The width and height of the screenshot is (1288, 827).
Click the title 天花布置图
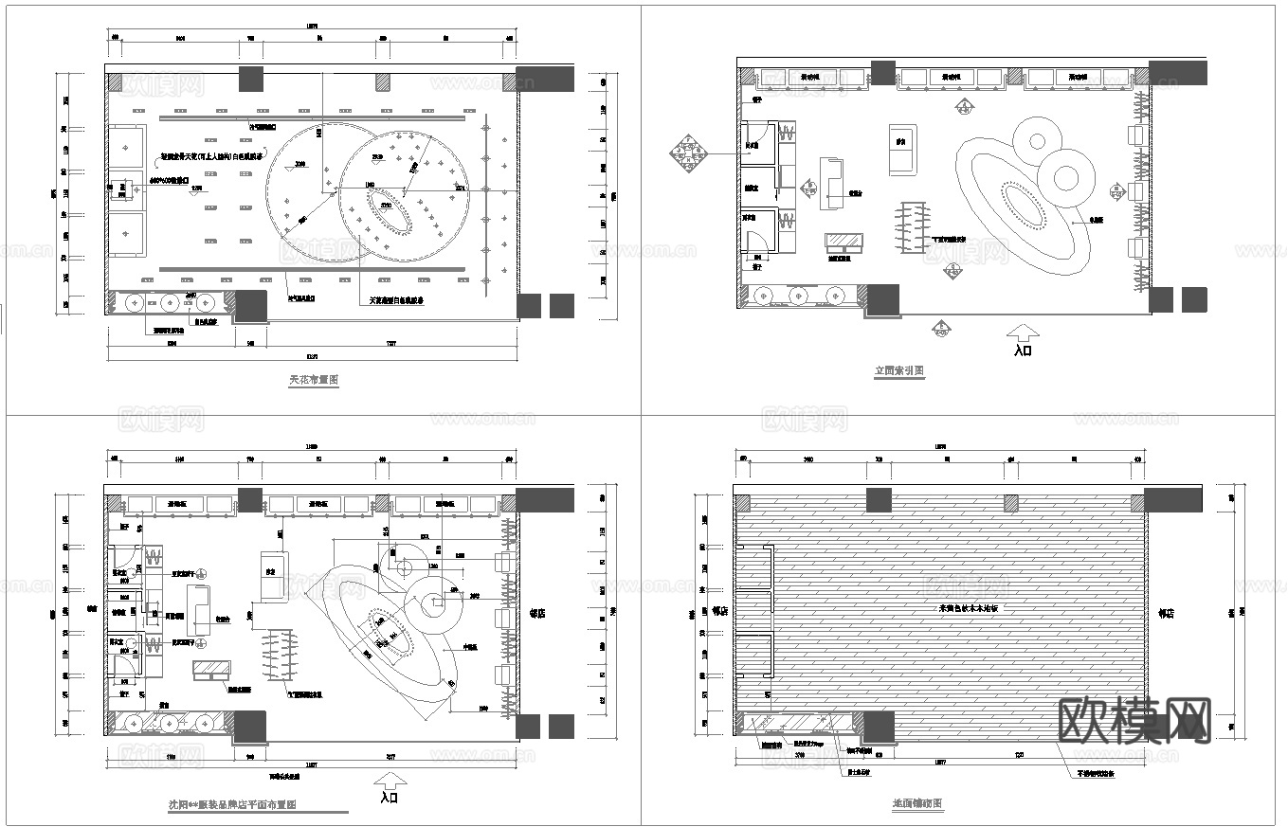tap(314, 380)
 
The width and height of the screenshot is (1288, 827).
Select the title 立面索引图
tap(898, 371)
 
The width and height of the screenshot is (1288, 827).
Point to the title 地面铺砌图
tap(916, 803)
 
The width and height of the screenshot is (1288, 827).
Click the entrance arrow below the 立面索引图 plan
tap(1023, 332)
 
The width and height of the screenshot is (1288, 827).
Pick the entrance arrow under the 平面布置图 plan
tap(389, 780)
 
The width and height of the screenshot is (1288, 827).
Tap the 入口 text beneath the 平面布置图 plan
tap(389, 798)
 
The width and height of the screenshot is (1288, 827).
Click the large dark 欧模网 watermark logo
tap(1133, 722)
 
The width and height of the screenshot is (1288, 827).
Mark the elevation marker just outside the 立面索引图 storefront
tap(941, 329)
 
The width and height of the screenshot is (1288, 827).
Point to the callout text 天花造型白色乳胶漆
tap(396, 301)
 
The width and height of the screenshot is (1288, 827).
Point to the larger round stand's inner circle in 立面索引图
tap(1065, 177)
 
